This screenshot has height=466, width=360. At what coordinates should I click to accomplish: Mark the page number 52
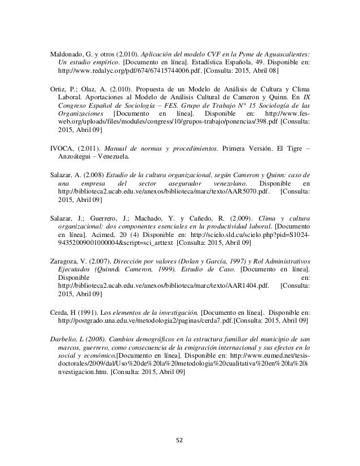pos(180,436)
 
